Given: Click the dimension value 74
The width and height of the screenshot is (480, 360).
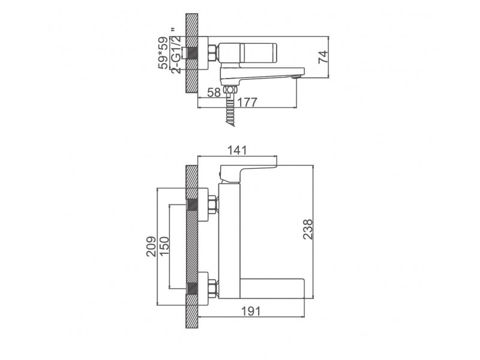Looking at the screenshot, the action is pyautogui.click(x=323, y=57).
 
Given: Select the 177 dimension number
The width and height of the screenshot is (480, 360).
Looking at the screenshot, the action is pyautogui.click(x=247, y=102).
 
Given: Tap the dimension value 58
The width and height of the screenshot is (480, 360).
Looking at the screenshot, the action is pyautogui.click(x=214, y=92).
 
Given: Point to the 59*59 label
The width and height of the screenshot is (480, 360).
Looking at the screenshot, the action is pyautogui.click(x=163, y=53).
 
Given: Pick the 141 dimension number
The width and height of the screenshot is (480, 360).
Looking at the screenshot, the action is pyautogui.click(x=236, y=151).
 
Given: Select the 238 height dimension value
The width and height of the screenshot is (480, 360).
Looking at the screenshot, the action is pyautogui.click(x=308, y=229).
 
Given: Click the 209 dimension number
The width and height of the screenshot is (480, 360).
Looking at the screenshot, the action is pyautogui.click(x=151, y=247).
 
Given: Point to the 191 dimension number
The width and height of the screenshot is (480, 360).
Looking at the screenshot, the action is pyautogui.click(x=251, y=311).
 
